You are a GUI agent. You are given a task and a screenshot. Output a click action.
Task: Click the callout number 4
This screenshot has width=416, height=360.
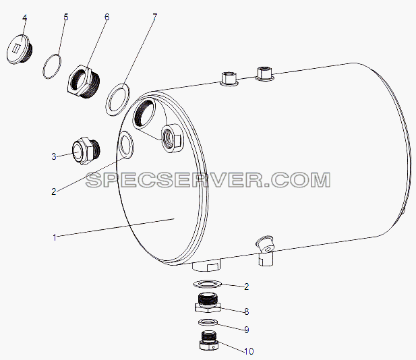click(x=24, y=18)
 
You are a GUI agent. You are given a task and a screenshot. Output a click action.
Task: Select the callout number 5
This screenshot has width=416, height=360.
click(x=66, y=18)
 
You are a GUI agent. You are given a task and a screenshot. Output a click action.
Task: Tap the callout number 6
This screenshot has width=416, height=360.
click(x=107, y=18)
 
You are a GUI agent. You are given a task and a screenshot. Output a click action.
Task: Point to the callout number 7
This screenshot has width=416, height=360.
click(x=154, y=18)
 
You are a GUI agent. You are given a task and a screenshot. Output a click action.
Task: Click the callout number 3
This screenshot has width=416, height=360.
click(x=54, y=156)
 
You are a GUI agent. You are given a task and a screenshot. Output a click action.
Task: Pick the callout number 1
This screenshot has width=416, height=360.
click(x=55, y=237)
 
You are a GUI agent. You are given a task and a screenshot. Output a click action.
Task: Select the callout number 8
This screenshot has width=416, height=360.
click(x=247, y=311)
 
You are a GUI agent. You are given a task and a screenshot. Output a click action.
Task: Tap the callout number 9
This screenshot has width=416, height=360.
click(x=247, y=330)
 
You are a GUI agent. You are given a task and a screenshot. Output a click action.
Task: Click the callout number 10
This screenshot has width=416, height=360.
click(x=249, y=351)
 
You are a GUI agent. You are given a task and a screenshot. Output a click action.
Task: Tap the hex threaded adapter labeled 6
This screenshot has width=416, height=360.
click(x=84, y=81)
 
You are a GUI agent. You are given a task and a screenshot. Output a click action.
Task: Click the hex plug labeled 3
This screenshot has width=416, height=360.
click(x=86, y=150)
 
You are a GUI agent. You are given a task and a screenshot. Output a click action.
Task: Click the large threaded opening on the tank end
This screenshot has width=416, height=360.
click(x=144, y=113)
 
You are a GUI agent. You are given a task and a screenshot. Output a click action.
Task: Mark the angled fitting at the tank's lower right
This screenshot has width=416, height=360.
click(x=265, y=249)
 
